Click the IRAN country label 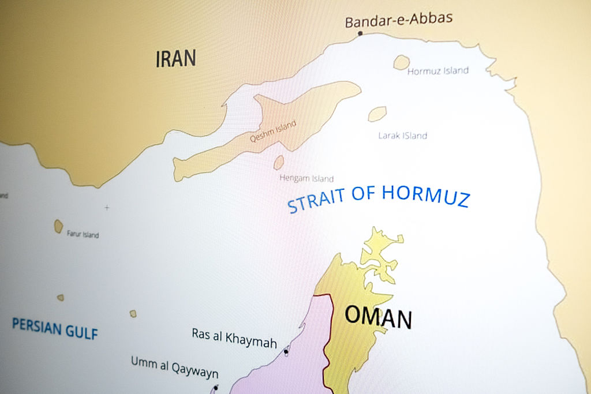175,59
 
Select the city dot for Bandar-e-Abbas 360,33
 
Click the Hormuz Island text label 437,71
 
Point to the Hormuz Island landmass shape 402,62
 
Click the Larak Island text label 402,136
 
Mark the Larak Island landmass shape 377,114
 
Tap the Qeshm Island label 273,132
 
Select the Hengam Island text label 306,178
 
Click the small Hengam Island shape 279,163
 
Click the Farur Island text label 83,235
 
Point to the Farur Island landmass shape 58,226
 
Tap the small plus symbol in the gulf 106,207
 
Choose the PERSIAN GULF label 55,328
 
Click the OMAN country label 378,317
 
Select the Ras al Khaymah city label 234,337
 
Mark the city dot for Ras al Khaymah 286,351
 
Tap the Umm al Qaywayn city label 174,366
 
